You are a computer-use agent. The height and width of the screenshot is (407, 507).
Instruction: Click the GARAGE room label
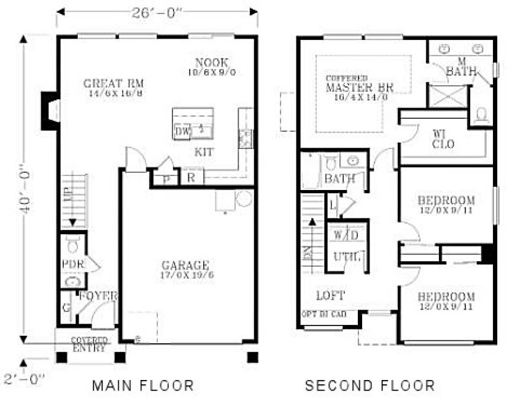click(x=185, y=265)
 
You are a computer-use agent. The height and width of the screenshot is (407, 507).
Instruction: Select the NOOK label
click(x=212, y=63)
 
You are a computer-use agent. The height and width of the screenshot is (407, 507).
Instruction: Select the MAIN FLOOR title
click(x=143, y=386)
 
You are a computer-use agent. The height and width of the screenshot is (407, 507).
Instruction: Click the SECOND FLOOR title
click(x=370, y=386)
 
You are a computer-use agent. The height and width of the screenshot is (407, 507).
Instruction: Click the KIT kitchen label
click(x=205, y=151)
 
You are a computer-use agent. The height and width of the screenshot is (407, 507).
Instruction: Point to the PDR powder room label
click(x=72, y=264)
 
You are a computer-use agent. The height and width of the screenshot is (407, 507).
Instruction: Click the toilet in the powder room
click(x=74, y=245)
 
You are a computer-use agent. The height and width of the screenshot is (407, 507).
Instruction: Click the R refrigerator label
click(x=191, y=178)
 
